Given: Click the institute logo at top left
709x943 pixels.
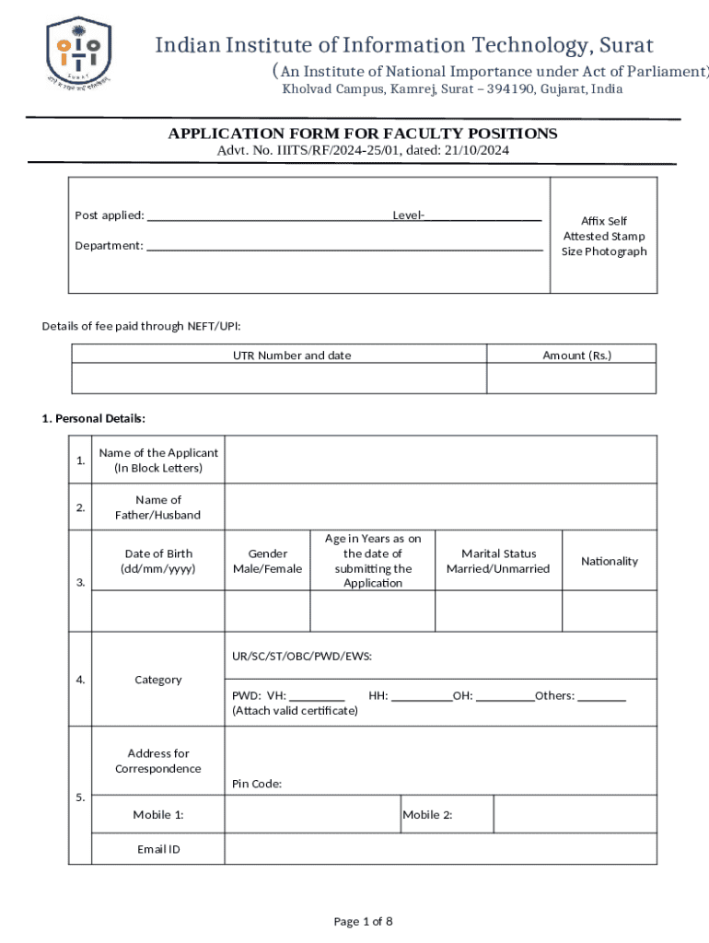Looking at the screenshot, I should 78,52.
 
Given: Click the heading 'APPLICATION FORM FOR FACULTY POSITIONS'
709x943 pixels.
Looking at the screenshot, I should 362,134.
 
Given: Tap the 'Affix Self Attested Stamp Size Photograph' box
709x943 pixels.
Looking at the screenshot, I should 604,236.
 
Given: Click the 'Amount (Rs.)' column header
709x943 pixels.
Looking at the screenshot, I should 576,355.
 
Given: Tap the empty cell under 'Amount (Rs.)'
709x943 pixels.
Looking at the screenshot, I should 571,378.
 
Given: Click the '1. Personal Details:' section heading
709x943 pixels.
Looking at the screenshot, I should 94,418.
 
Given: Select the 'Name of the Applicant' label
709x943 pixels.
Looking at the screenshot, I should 158,460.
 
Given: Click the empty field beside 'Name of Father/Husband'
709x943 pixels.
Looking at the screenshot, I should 440,507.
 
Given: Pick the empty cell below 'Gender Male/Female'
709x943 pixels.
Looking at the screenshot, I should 267,611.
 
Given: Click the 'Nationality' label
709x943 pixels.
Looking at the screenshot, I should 609,561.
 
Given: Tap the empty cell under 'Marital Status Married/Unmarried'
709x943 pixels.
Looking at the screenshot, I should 497,611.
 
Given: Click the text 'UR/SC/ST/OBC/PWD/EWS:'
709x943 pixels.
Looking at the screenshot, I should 302,657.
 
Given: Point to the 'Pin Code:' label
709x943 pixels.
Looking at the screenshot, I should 257,784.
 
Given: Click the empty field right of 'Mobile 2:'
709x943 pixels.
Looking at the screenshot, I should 575,815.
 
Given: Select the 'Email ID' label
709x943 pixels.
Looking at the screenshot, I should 158,849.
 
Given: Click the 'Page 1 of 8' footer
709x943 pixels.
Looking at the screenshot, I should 363,921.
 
